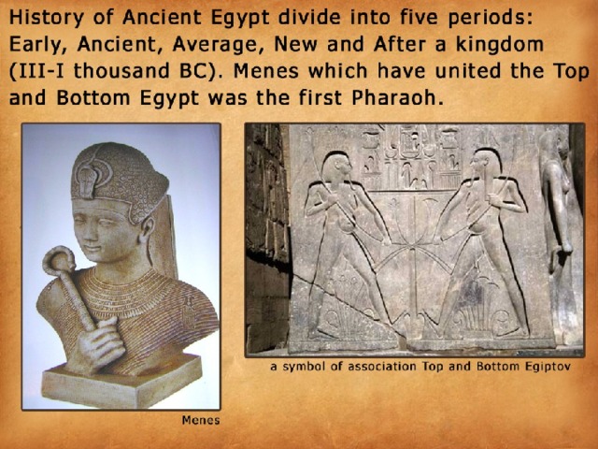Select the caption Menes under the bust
pos(201,420)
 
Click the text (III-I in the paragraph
pos(36,71)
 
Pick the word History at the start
pos(46,19)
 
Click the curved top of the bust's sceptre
pos(59,261)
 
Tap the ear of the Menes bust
pos(147,230)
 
